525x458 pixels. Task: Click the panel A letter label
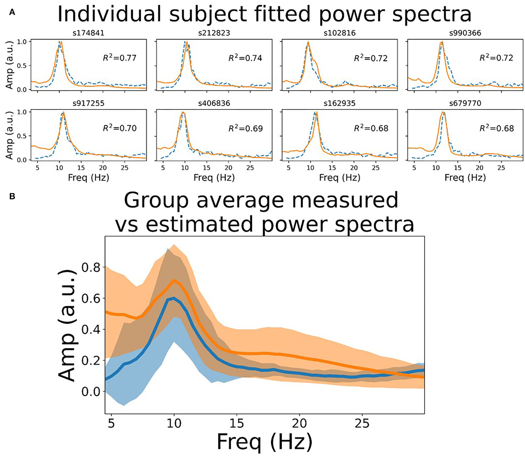pos(12,12)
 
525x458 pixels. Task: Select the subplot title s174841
pos(88,33)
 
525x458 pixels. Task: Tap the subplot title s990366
pos(465,33)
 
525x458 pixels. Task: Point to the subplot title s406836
pos(214,103)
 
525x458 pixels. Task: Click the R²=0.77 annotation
pos(119,58)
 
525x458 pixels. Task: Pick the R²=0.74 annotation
pos(245,58)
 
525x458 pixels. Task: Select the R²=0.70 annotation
pos(119,128)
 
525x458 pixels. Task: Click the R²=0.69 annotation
pos(245,128)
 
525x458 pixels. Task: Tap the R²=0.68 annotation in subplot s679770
pos(496,128)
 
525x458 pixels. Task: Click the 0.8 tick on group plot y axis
pos(91,268)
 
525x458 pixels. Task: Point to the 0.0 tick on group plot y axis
pos(91,392)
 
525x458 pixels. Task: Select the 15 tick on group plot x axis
pos(237,423)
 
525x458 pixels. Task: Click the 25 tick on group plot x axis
pos(362,423)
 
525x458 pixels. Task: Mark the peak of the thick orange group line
pos(174,280)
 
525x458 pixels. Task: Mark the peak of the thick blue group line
pos(174,298)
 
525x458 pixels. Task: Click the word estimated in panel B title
pos(199,224)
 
